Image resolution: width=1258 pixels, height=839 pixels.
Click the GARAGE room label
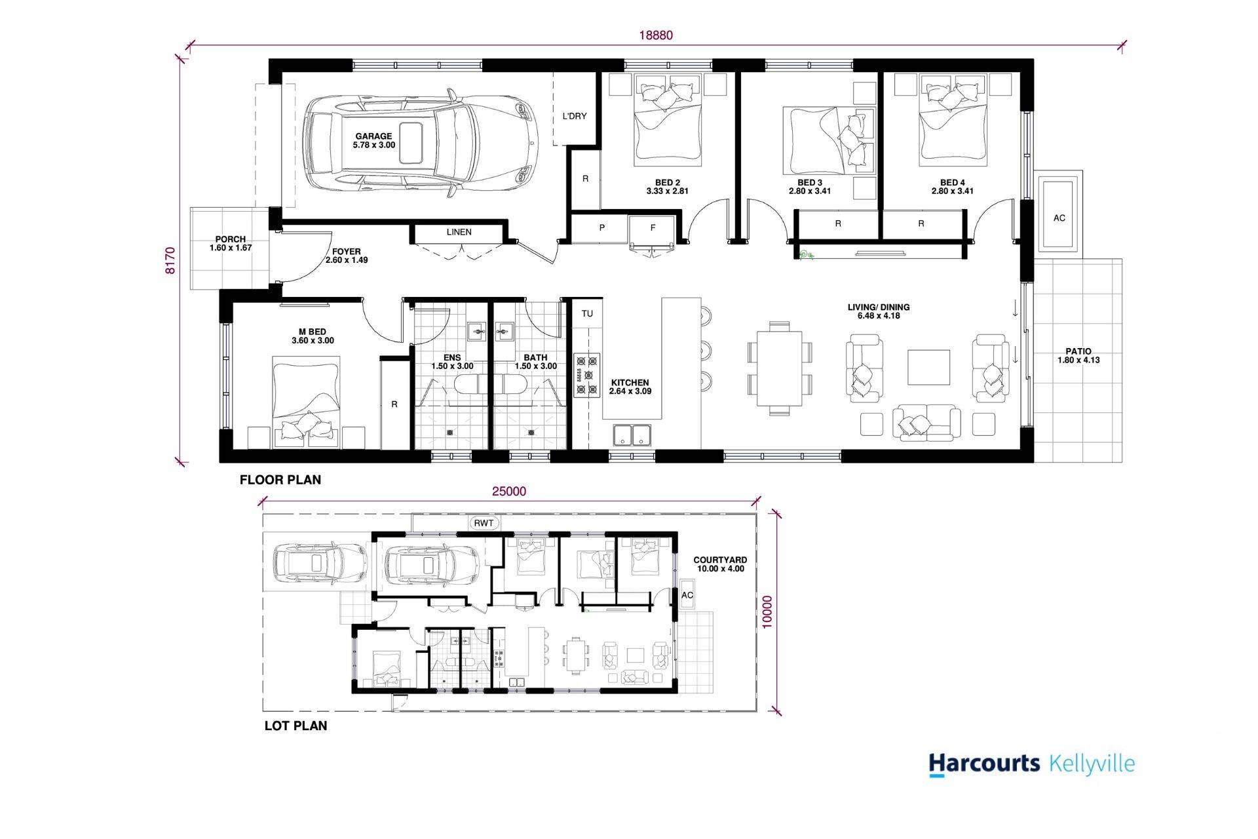point(373,136)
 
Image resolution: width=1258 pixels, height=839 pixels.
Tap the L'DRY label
point(575,116)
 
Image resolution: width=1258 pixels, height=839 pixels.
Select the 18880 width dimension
point(656,35)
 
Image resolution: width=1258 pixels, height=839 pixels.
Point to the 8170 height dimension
point(170,260)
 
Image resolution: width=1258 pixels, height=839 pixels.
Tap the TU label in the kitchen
point(587,313)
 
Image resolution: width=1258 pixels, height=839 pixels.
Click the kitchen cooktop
point(587,375)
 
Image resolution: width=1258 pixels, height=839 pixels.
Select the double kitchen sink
point(632,435)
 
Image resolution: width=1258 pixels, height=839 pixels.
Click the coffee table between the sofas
point(928,367)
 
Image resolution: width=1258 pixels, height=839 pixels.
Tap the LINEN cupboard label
point(459,232)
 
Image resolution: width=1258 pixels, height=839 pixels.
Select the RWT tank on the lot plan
point(484,523)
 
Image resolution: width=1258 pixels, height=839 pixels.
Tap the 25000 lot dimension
point(509,492)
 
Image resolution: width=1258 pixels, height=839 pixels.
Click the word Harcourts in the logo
point(984,764)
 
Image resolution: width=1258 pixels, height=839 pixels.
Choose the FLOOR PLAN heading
point(280,480)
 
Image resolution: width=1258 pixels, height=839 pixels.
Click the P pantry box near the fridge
point(601,227)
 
